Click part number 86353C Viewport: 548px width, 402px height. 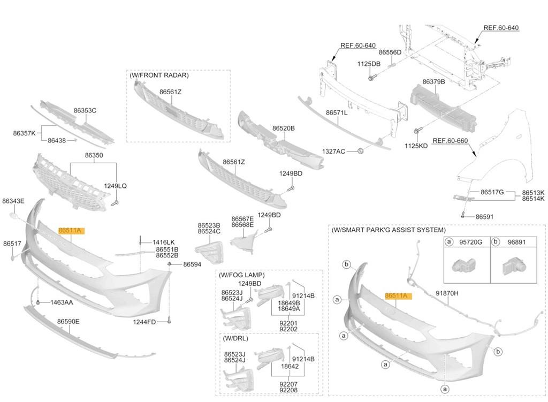click(85, 110)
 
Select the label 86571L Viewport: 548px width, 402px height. click(337, 112)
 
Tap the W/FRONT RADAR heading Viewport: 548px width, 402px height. click(159, 75)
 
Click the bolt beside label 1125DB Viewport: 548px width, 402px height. click(371, 77)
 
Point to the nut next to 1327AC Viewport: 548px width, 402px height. click(360, 151)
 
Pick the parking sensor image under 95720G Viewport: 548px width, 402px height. click(465, 266)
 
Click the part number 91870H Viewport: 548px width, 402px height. click(447, 293)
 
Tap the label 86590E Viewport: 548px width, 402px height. click(68, 321)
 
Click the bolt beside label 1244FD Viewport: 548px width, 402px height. click(169, 320)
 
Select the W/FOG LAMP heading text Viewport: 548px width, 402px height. click(241, 275)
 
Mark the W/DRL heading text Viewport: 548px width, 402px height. click(235, 338)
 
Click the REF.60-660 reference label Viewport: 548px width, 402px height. click(450, 141)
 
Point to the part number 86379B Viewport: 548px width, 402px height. click(433, 81)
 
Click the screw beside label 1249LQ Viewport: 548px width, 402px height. click(115, 203)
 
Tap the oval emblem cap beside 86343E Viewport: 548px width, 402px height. click(13, 216)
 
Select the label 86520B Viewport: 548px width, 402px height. click(284, 128)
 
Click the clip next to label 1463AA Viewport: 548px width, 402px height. click(38, 302)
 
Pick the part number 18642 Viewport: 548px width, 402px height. click(290, 366)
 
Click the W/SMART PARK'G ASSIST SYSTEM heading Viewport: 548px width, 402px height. click(389, 230)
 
